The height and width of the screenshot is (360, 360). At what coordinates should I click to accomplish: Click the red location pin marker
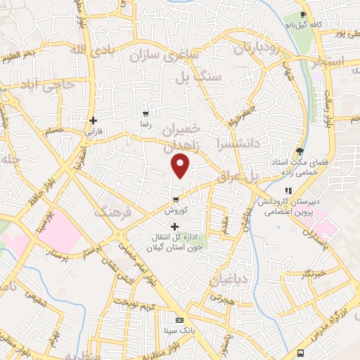click(x=181, y=166)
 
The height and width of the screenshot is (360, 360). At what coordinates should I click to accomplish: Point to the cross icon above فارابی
click(x=93, y=120)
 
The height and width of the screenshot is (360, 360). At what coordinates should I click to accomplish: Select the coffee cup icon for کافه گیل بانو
click(x=303, y=15)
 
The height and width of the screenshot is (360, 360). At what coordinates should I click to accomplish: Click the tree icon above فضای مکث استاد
click(x=300, y=150)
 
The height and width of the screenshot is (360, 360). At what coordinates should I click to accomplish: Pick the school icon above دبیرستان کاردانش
click(x=287, y=191)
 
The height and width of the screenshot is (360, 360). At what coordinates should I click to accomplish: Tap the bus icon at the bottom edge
click(x=301, y=353)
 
